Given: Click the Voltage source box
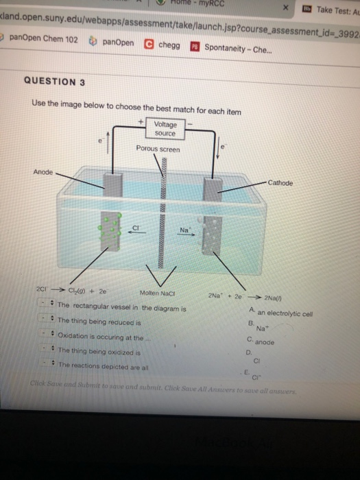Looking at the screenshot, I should point(165,128).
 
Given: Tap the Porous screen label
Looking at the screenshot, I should point(158,149).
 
